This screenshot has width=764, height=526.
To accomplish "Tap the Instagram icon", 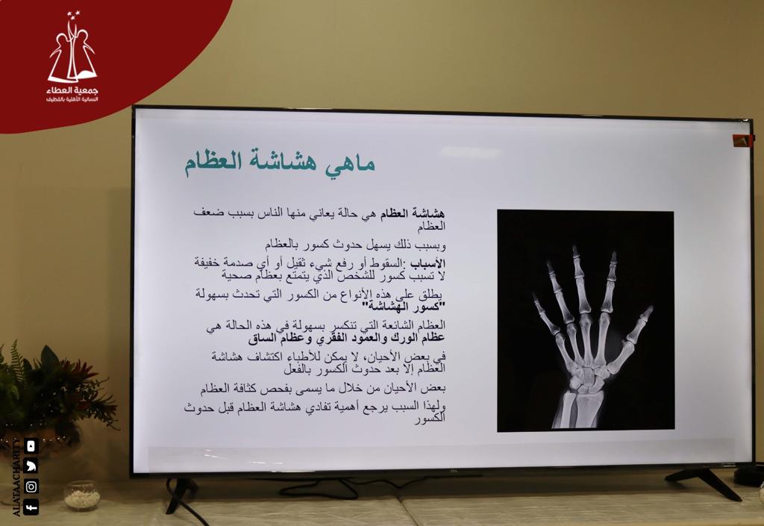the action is click(x=31, y=486).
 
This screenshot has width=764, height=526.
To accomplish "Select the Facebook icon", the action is click(x=31, y=507).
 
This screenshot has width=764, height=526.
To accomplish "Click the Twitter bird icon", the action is click(x=31, y=466).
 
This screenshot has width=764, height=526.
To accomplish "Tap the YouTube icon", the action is click(x=31, y=445).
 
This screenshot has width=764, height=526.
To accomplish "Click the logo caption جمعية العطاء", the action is click(x=72, y=90).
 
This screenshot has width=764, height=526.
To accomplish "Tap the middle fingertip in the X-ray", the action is click(x=575, y=250).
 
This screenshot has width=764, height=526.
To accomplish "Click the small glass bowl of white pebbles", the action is click(x=82, y=496).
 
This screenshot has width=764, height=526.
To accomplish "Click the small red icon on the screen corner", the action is click(x=742, y=141).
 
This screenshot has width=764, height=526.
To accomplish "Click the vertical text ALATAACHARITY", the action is click(x=16, y=478).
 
